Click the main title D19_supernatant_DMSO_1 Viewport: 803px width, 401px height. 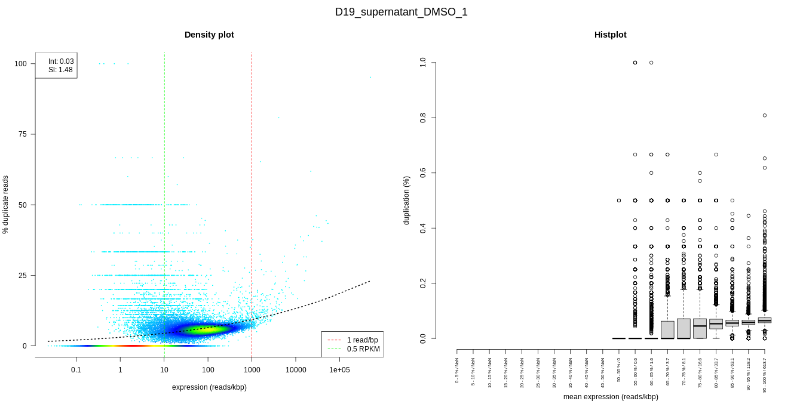pos(401,12)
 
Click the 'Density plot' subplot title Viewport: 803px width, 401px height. pos(209,35)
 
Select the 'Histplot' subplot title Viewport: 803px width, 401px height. pos(610,35)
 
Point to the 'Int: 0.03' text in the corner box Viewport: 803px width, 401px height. pos(61,61)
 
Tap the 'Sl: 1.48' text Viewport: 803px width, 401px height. pos(60,70)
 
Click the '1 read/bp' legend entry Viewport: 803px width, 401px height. pos(363,340)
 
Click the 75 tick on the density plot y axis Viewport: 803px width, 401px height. pos(22,134)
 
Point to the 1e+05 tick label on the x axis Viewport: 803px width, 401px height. pos(339,370)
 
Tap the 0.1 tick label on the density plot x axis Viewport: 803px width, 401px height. pos(76,370)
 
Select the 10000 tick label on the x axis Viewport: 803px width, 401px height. pos(296,370)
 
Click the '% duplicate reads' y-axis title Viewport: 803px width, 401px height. pos(6,204)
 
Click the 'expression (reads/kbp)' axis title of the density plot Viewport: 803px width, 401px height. pos(209,387)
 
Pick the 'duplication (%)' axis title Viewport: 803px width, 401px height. pos(407,200)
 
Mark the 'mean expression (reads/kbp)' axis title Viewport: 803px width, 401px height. pos(611,396)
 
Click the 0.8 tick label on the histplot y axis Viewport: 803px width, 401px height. pos(423,118)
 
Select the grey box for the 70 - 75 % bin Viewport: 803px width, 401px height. pos(684,328)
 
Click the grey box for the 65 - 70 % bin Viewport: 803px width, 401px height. pos(667,329)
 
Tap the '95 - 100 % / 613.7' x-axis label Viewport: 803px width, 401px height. pos(765,374)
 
